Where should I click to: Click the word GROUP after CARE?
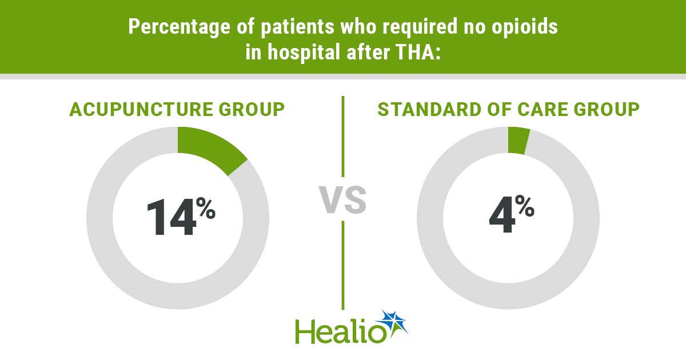[607, 109]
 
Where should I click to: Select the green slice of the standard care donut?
[518, 141]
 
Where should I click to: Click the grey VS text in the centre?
[342, 199]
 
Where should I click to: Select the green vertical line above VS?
[342, 137]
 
